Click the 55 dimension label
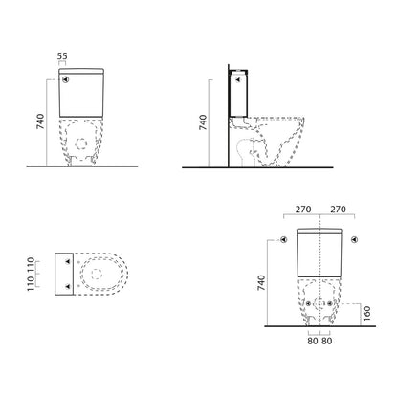click(62, 56)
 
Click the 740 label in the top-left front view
click(40, 122)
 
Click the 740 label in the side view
click(203, 122)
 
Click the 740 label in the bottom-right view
click(261, 282)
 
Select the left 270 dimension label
click(303, 210)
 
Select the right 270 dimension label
click(338, 210)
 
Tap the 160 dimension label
click(367, 313)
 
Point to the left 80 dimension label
click(313, 341)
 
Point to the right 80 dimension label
click(326, 341)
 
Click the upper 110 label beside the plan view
click(31, 265)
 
